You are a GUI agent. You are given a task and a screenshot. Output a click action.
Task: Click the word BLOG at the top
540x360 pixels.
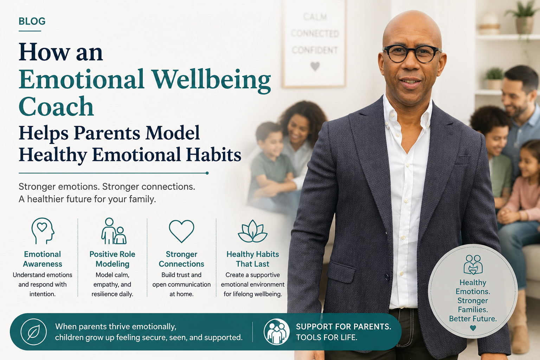(x=32, y=21)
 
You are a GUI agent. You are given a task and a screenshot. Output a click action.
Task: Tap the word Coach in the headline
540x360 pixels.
(x=56, y=106)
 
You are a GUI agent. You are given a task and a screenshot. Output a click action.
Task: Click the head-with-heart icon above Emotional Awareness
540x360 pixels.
(x=43, y=231)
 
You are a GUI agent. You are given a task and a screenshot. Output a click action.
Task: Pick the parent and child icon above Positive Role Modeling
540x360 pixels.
(x=114, y=231)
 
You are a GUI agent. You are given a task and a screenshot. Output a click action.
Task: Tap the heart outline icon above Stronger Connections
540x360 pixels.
(x=181, y=231)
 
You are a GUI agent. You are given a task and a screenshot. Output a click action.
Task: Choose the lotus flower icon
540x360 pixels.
(x=252, y=231)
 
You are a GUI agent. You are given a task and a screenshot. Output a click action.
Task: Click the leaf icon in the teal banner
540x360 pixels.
(x=33, y=332)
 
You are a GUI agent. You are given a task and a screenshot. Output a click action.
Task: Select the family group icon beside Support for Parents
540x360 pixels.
(x=277, y=332)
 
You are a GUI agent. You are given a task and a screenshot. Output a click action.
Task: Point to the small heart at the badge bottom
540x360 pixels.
(x=473, y=328)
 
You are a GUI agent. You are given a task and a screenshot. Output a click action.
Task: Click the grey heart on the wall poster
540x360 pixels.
(x=315, y=66)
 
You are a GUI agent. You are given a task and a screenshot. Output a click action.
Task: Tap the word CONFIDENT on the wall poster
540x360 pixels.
(x=315, y=50)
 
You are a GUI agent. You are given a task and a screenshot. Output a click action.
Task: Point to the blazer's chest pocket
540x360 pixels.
(x=462, y=160)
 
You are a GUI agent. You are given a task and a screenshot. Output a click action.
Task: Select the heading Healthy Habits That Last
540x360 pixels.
(x=252, y=259)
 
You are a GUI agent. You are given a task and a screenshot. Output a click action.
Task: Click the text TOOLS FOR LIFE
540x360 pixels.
(x=326, y=337)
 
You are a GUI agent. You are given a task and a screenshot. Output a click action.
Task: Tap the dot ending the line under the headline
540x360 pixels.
(x=207, y=173)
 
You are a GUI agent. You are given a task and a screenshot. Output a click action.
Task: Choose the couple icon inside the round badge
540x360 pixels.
(x=473, y=264)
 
